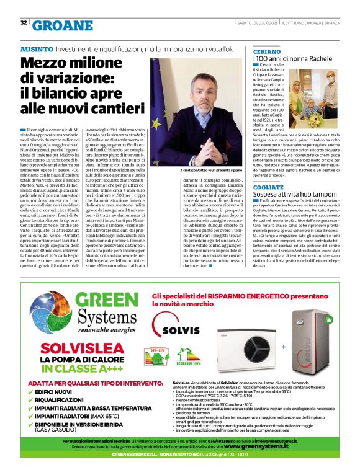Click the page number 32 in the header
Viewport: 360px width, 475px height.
click(24, 23)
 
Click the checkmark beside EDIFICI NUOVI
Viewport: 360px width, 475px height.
click(32, 393)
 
